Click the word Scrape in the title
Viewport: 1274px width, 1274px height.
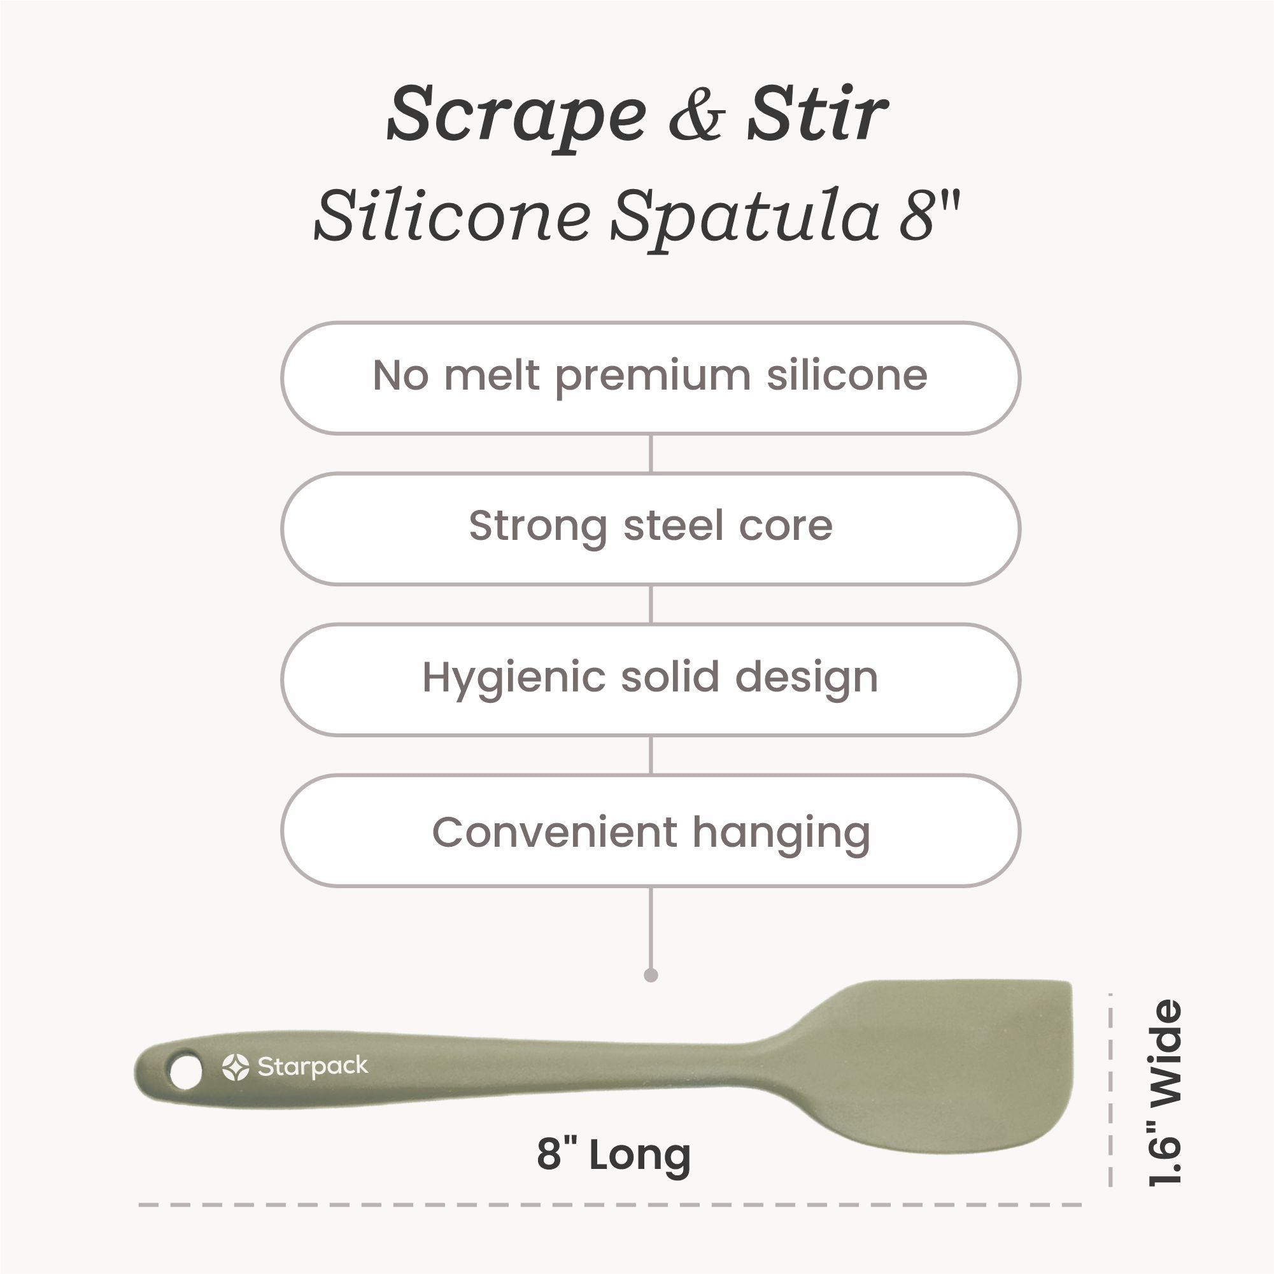[517, 117]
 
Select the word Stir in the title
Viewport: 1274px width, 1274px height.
[817, 114]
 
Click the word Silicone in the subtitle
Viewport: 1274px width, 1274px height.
[452, 216]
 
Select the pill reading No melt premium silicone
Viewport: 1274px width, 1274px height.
[650, 378]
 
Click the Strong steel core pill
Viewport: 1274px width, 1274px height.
[650, 528]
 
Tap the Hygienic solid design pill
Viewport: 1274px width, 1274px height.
[650, 679]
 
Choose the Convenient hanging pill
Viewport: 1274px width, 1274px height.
[650, 830]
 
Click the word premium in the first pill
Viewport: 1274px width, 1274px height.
[653, 378]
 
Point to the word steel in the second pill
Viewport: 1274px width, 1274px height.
[672, 525]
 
